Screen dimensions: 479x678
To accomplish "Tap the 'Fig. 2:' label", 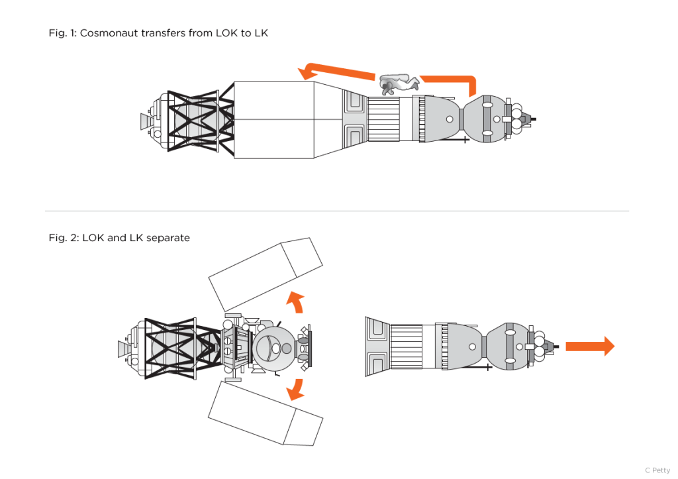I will click(63, 238).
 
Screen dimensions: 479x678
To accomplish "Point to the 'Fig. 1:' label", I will click(63, 33).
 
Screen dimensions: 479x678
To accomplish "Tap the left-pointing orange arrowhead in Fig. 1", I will click(307, 72).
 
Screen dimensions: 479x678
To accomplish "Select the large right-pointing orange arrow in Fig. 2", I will click(589, 346).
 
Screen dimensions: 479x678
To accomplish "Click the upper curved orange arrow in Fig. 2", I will click(295, 301).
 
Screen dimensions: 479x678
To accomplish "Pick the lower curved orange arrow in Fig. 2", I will click(295, 390).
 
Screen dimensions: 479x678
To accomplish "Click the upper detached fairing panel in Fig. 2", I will click(265, 274).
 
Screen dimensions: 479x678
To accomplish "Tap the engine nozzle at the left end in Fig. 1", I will click(144, 121).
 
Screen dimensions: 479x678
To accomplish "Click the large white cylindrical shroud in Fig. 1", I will click(273, 120).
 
